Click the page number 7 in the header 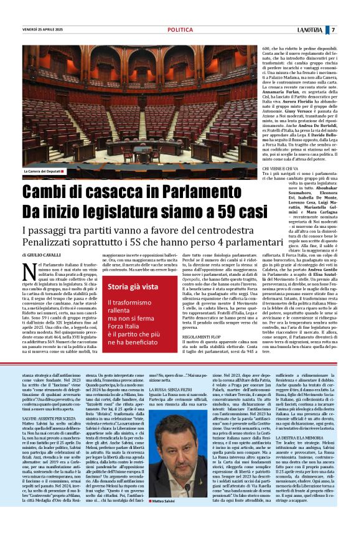(x=333, y=29)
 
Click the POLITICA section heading (x=180, y=29)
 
